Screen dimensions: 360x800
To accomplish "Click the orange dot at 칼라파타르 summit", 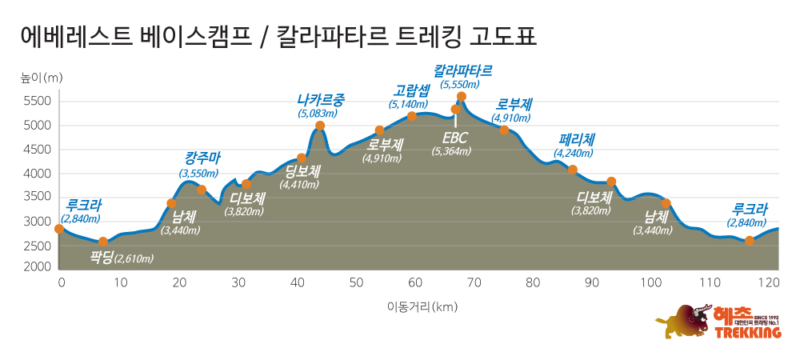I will point(462,96).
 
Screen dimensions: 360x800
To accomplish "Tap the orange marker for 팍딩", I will point(103,242).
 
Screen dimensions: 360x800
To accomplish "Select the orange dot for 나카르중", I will point(320,126).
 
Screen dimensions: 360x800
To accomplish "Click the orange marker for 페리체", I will point(573,170).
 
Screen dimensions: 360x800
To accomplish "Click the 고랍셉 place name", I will point(411,90).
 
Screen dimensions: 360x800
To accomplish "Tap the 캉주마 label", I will point(199,158).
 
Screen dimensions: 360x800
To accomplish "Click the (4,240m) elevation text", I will point(576,155).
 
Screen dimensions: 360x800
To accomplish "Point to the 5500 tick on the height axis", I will point(38,102).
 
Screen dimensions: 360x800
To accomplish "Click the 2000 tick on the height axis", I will point(38,267).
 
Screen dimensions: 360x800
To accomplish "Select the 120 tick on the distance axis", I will point(769,282).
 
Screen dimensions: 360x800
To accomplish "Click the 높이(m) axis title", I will point(42,78).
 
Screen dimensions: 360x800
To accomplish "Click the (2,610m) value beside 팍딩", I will point(134,258).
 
